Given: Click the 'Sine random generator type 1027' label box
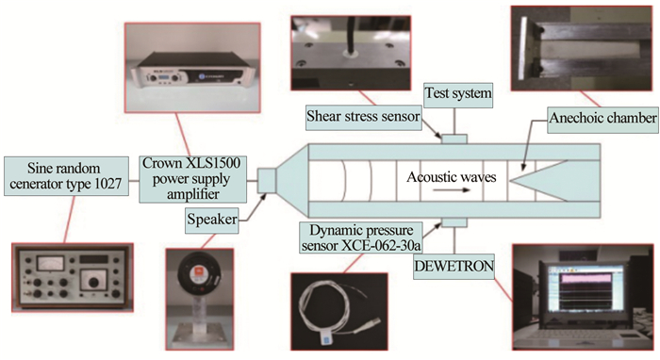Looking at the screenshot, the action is pos(67,176).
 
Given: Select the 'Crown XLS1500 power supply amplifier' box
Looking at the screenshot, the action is pos(192,179).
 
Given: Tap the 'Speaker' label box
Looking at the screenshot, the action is pos(212,220).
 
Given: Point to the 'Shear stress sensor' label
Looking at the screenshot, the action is pos(363,116).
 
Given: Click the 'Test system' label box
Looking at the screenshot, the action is pos(458,94).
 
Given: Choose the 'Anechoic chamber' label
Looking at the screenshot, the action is pos(602,119).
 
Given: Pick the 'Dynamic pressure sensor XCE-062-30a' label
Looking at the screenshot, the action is pos(361,237).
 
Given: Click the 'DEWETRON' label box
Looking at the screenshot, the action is pos(454,266).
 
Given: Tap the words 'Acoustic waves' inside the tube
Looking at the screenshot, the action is pos(452,177).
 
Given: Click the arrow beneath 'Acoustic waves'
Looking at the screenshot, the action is pos(452,189).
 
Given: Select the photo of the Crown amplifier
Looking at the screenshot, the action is pos(192,67).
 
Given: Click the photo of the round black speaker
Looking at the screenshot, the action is pos(200,299).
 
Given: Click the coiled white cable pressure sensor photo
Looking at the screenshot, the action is pos(338,311).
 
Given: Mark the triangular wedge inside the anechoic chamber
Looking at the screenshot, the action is pos(538,181).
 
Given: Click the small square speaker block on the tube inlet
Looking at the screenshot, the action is pos(267,181).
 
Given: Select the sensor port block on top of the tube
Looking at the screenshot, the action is pos(454,139).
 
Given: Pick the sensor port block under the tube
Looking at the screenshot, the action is pos(454,222).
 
